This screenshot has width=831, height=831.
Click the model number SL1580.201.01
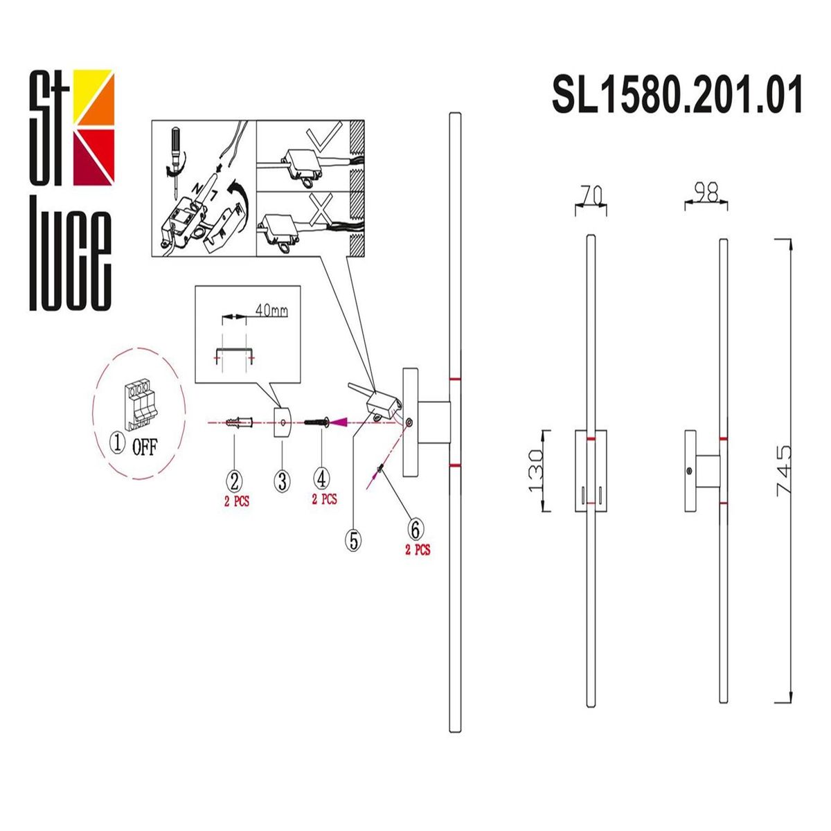677,95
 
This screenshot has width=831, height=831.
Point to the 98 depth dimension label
706,193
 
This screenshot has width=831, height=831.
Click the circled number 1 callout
118,443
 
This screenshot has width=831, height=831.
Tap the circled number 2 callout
235,479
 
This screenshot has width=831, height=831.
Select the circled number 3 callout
282,480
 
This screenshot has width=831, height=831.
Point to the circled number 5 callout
354,540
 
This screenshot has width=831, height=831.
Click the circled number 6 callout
415,530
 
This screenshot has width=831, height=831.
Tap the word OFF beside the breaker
145,447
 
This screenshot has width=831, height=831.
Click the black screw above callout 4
318,421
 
